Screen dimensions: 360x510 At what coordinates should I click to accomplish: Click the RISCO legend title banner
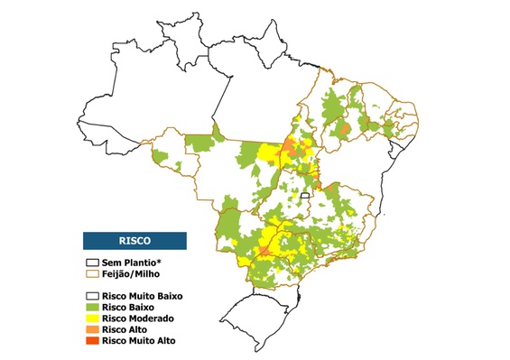pyautogui.click(x=134, y=241)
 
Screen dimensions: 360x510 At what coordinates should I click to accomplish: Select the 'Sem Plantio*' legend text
pyautogui.click(x=132, y=261)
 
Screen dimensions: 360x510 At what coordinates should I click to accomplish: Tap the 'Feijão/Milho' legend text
pyautogui.click(x=131, y=272)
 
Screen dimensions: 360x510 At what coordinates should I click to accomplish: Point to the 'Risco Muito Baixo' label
pyautogui.click(x=141, y=296)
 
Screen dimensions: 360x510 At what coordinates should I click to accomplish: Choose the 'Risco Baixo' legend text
pyautogui.click(x=128, y=308)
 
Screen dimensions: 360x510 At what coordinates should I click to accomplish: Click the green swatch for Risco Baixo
pyautogui.click(x=91, y=308)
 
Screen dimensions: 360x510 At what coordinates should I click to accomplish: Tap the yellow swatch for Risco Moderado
pyautogui.click(x=91, y=318)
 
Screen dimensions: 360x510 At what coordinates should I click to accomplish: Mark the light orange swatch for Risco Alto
pyautogui.click(x=91, y=330)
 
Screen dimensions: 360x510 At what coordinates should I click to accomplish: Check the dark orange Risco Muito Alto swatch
pyautogui.click(x=91, y=341)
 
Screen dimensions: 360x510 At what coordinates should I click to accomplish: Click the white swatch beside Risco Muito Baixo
pyautogui.click(x=91, y=296)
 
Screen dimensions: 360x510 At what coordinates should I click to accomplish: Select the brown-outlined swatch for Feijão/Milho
pyautogui.click(x=91, y=272)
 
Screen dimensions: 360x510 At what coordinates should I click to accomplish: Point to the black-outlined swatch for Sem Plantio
pyautogui.click(x=91, y=261)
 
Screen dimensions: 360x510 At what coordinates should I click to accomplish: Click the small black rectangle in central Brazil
pyautogui.click(x=305, y=195)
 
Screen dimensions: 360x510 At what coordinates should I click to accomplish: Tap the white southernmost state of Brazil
pyautogui.click(x=257, y=316)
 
